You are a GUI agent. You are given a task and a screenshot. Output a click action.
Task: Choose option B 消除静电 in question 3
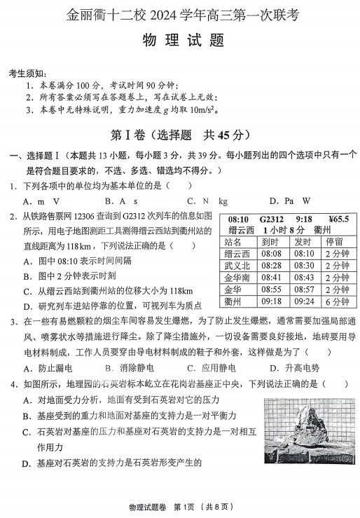tap(130, 368)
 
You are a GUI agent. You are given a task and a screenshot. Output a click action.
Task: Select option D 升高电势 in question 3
tap(294, 368)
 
